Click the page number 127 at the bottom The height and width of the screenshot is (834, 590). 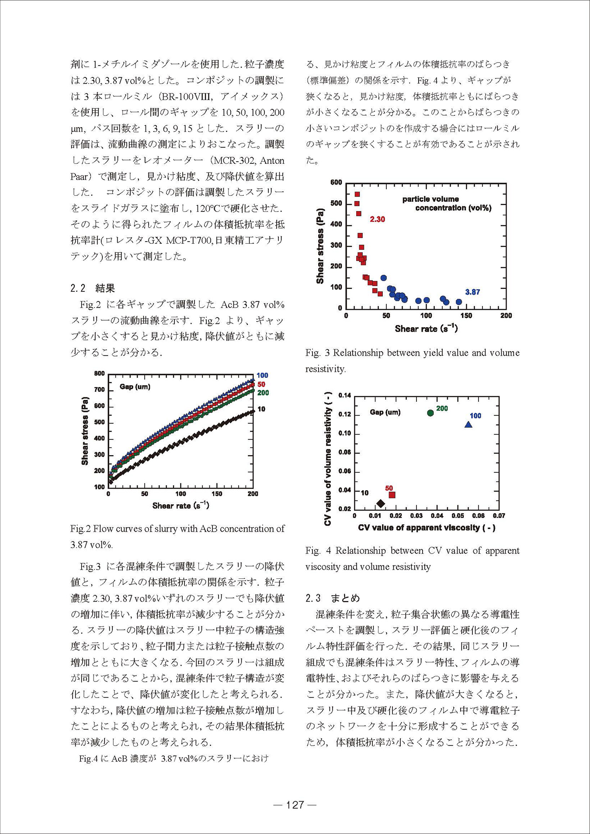coord(295,805)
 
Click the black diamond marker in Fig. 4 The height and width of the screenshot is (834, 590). coord(381,504)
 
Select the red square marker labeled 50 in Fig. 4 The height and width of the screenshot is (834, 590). coord(392,495)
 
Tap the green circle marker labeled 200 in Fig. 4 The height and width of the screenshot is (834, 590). coord(430,413)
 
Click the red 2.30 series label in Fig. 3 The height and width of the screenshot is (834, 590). coord(377,219)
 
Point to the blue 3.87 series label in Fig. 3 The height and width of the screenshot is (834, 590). coord(472,292)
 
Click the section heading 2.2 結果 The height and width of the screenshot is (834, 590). coord(93,288)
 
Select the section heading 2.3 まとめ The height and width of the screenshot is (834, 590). coord(333,598)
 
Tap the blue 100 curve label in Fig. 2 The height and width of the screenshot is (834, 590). coord(262,376)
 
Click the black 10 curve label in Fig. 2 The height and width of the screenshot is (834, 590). coord(261,409)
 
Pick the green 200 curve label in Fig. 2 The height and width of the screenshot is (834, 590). coord(263,393)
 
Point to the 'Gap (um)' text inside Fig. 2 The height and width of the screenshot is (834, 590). coord(135,387)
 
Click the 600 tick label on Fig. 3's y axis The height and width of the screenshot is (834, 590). coord(336,183)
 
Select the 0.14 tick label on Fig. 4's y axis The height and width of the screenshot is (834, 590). coord(345,396)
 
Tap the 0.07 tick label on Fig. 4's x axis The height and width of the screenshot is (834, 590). coord(499,516)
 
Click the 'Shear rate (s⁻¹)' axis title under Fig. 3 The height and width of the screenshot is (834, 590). coord(426,329)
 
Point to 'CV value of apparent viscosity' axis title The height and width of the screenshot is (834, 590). coord(427,528)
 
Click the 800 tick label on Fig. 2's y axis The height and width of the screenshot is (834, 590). coord(100,374)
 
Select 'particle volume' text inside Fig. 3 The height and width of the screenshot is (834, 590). coord(430,199)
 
